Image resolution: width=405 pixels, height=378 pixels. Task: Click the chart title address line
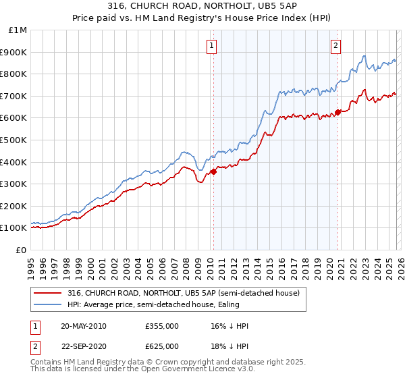pyautogui.click(x=202, y=6)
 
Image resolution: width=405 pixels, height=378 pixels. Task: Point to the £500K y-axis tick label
pyautogui.click(x=14, y=140)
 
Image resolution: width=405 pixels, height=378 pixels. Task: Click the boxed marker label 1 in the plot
pyautogui.click(x=212, y=46)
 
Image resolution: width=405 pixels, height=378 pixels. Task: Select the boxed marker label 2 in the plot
pyautogui.click(x=335, y=46)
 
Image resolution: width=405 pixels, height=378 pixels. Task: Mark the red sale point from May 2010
pyautogui.click(x=213, y=171)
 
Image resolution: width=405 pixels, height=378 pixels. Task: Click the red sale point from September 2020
pyautogui.click(x=338, y=112)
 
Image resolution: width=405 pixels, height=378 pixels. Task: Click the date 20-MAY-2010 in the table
pyautogui.click(x=83, y=326)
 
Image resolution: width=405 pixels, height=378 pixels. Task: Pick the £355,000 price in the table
pyautogui.click(x=162, y=326)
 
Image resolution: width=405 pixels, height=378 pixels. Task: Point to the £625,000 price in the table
pyautogui.click(x=162, y=346)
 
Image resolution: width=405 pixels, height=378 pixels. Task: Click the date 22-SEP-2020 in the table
pyautogui.click(x=83, y=346)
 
